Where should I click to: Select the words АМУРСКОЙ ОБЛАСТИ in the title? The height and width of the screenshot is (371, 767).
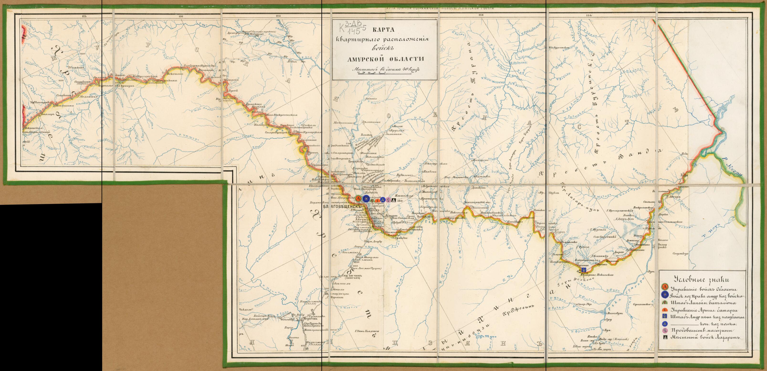tap(386, 59)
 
